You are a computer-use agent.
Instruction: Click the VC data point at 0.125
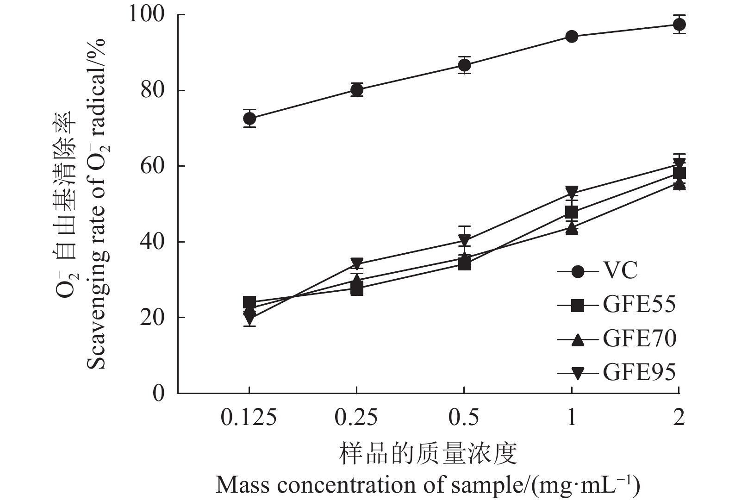[249, 119]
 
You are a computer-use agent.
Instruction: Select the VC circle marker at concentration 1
[572, 37]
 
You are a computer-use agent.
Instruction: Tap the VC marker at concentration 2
[679, 25]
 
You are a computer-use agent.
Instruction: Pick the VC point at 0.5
[464, 65]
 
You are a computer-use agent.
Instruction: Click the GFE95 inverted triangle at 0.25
[357, 263]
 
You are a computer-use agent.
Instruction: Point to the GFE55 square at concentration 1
[572, 213]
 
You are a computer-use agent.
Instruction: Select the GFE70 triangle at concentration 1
[572, 228]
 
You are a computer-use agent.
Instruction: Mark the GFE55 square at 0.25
[357, 289]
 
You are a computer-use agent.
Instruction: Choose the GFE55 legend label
[639, 305]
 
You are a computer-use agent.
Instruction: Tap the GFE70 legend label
[639, 338]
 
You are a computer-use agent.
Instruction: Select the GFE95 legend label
[639, 372]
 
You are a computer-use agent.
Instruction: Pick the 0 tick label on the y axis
[159, 393]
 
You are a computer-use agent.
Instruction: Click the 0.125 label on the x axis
[249, 418]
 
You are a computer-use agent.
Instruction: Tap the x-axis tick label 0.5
[464, 418]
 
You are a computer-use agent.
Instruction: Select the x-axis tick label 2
[679, 418]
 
